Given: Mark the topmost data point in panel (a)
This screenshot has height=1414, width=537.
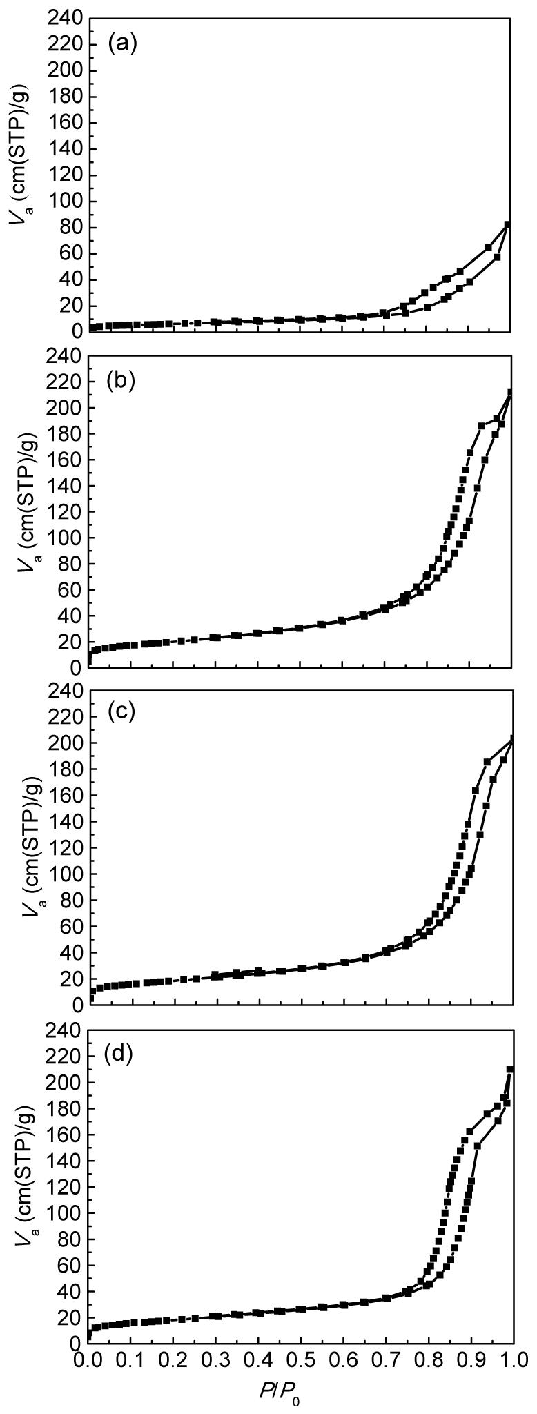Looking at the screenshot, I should pyautogui.click(x=508, y=224).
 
